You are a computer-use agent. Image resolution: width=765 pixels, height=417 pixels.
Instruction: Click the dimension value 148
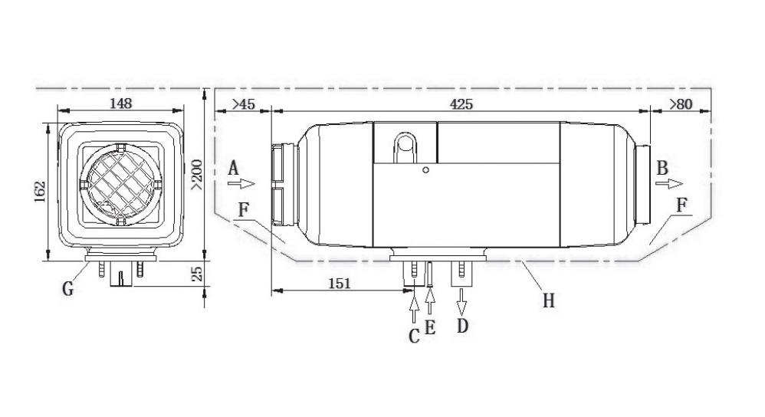pos(120,103)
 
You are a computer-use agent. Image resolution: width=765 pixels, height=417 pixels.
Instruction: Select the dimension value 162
pos(40,192)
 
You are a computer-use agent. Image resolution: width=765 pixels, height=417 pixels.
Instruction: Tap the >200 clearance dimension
pos(197,175)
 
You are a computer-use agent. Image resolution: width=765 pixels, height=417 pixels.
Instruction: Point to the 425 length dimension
pos(461,104)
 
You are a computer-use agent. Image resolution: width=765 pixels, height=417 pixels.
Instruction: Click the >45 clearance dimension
pos(243,104)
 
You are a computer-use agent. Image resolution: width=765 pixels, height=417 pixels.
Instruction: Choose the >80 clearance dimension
pos(681,104)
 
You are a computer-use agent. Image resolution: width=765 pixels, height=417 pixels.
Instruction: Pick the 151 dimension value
pos(339,284)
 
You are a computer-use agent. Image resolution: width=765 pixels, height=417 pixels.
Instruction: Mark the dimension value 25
pos(197,274)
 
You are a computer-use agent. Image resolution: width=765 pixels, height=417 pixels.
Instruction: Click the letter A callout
pos(234,169)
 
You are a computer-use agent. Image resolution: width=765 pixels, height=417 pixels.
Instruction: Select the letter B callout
pos(662,168)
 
